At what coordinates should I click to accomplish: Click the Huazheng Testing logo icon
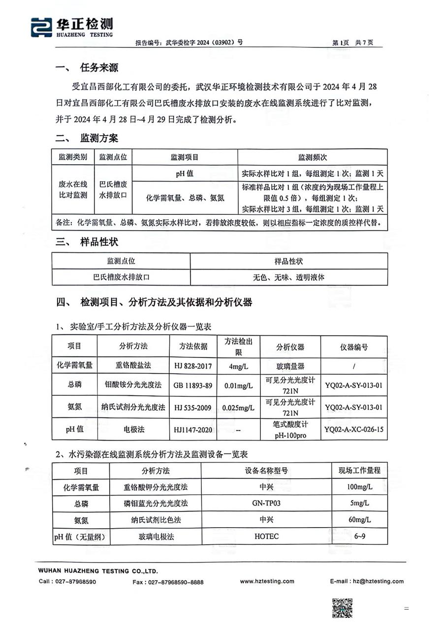coord(41,27)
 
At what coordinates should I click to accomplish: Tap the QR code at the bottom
coord(342,608)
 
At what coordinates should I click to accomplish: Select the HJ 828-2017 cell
coord(190,366)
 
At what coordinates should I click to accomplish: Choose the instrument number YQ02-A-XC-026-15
coord(354,429)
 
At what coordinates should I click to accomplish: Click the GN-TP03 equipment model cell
coord(269,503)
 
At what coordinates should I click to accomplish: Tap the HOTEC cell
coord(269,536)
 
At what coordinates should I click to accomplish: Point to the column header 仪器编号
coord(354,347)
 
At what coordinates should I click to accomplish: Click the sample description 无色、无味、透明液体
coord(288,277)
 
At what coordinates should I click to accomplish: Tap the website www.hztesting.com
coord(267,581)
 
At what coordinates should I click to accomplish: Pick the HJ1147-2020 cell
coord(190,429)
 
